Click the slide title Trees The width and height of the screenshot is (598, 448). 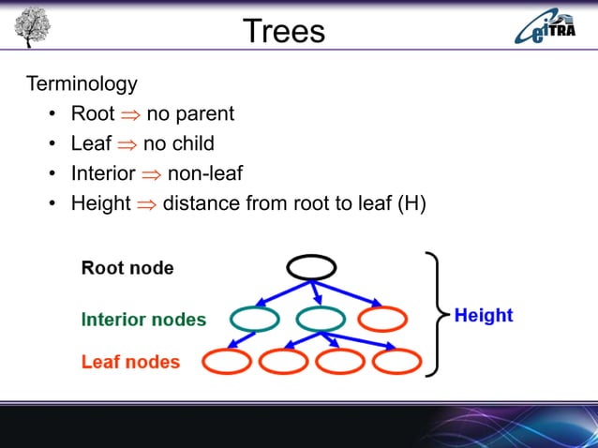click(283, 31)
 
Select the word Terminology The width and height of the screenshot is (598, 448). click(82, 83)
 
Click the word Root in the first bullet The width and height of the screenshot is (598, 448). click(92, 114)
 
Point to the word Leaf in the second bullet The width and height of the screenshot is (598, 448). click(91, 143)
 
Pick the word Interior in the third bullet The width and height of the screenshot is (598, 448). click(102, 173)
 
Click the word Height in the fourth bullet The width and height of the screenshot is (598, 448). click(100, 202)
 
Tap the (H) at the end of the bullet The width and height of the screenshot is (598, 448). click(411, 202)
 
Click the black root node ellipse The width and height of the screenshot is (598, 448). click(311, 268)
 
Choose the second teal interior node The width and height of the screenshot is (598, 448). click(320, 320)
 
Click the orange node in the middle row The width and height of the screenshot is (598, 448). click(382, 320)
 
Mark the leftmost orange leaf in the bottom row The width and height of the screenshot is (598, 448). click(226, 361)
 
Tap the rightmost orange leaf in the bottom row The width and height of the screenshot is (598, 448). click(396, 361)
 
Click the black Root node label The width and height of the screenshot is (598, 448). click(127, 268)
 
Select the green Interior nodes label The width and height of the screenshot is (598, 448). click(143, 320)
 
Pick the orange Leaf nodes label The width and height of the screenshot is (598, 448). click(130, 361)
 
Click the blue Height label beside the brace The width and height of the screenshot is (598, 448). click(484, 316)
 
